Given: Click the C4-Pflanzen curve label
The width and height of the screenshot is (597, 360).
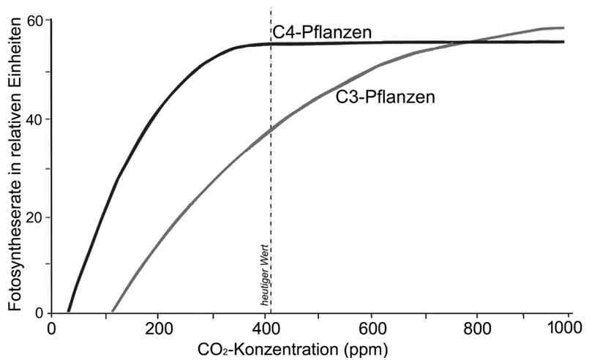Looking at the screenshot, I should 322,32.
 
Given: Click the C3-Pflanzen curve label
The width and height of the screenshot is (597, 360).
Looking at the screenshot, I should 386,97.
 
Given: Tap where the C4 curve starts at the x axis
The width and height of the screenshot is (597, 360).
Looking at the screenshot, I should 69,311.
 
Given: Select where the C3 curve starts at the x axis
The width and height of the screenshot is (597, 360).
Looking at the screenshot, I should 112,311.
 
